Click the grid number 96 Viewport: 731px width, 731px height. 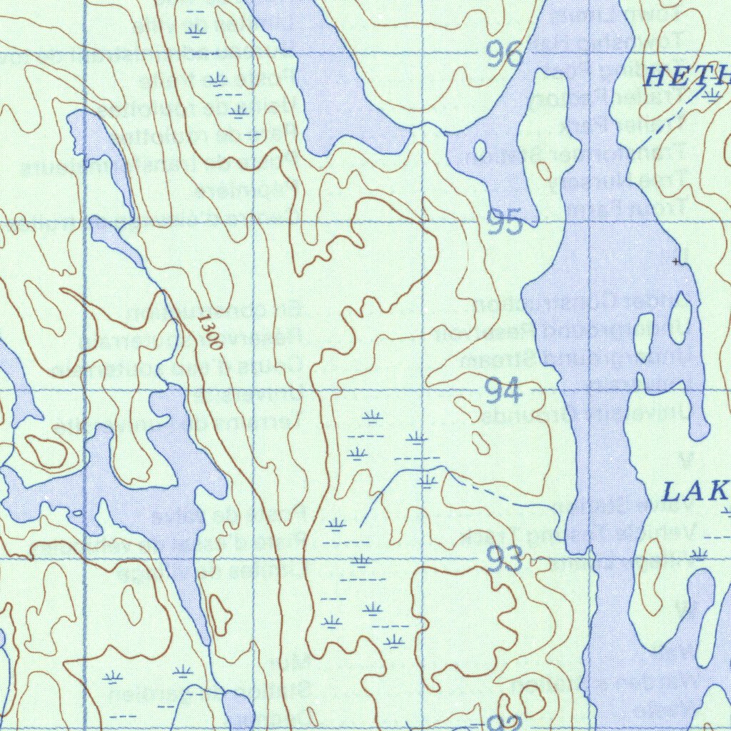[x=505, y=54]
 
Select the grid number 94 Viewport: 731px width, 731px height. [x=503, y=390]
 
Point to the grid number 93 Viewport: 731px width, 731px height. [x=505, y=560]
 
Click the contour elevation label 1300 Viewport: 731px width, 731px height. [x=210, y=332]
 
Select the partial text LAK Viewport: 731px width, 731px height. [x=695, y=492]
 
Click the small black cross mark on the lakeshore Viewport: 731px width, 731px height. [x=676, y=262]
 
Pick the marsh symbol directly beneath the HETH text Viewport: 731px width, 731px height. [x=710, y=94]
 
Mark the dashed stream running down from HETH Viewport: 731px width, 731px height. [x=657, y=128]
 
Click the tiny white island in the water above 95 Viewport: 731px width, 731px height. [x=480, y=150]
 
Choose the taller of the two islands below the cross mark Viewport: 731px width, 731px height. [x=680, y=318]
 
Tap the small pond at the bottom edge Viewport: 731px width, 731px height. [x=238, y=710]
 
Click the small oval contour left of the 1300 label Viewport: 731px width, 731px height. [x=217, y=285]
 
